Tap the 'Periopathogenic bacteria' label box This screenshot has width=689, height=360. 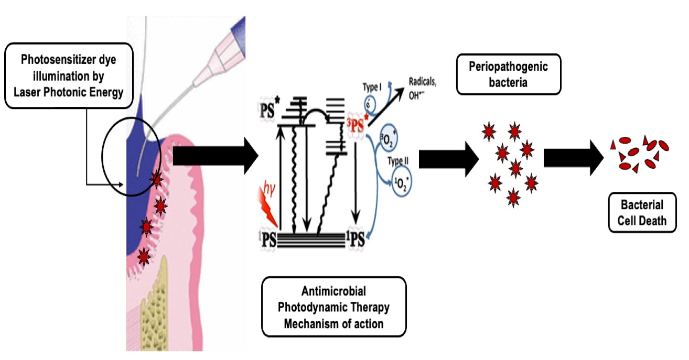[x=508, y=74]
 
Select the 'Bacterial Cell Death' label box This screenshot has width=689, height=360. [x=642, y=213]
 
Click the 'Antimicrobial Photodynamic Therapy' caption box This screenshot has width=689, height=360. [x=333, y=307]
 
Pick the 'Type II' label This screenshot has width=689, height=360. [x=398, y=160]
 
